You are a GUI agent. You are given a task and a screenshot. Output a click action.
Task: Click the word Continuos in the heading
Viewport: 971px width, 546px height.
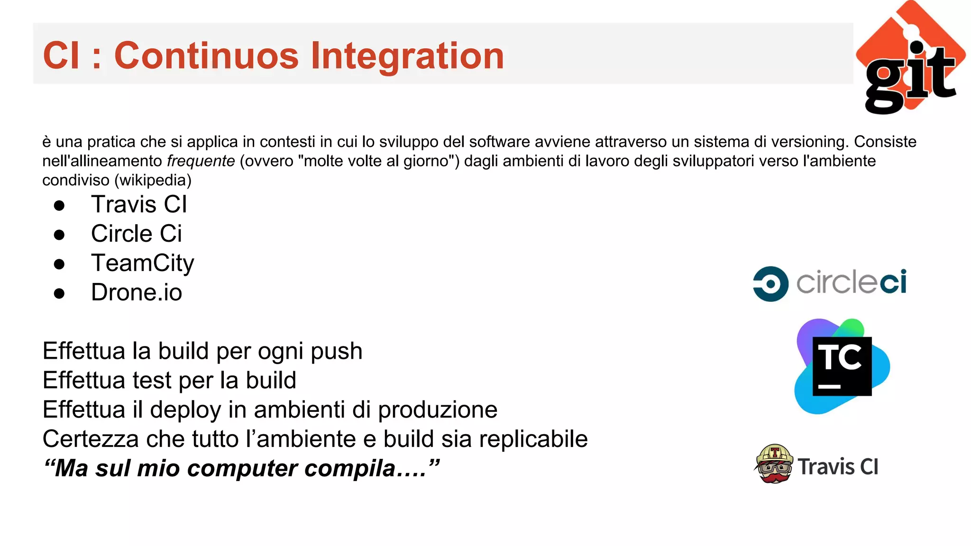coord(206,56)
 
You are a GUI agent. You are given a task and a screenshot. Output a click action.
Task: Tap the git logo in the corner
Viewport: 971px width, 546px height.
coord(910,59)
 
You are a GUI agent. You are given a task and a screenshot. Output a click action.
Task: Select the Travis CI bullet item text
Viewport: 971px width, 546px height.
coord(139,205)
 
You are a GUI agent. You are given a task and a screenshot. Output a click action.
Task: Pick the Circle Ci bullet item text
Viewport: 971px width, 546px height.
coord(137,234)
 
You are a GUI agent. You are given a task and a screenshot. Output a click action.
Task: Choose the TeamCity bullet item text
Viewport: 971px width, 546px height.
coord(143,264)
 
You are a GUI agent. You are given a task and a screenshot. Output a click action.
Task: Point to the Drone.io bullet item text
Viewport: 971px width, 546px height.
coord(137,292)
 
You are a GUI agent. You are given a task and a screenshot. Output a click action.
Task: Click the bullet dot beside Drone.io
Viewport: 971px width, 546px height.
coord(59,293)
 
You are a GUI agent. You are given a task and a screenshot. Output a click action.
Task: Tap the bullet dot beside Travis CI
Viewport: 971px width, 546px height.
coord(59,206)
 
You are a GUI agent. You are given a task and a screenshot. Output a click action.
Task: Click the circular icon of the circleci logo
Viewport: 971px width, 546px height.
coord(770,284)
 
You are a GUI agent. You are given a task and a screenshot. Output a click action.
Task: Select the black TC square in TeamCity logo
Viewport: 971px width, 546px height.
coord(842,366)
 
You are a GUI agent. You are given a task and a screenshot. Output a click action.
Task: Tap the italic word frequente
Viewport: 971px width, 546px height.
coord(201,161)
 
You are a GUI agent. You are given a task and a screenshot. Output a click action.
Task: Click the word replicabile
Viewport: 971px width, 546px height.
coord(533,439)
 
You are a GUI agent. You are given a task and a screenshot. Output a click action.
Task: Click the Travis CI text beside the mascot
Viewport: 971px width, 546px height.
coord(838,467)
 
